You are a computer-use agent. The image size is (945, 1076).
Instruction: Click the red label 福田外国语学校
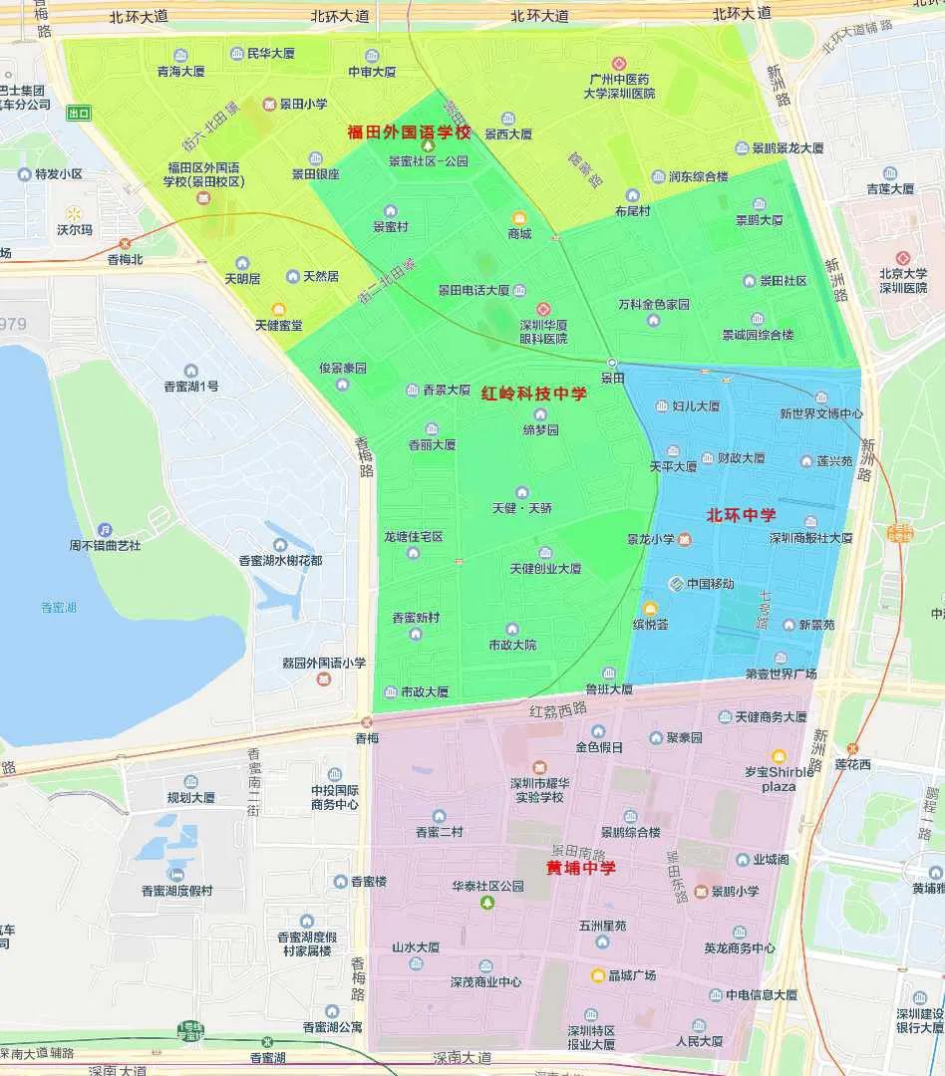408,132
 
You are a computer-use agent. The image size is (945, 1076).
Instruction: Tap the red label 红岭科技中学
534,394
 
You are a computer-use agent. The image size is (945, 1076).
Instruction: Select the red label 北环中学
741,515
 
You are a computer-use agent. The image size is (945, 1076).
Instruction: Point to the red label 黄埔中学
580,868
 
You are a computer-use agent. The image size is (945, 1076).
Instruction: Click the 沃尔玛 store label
74,229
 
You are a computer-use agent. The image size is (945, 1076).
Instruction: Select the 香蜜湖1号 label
190,386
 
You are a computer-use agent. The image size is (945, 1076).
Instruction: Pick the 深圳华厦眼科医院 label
543,332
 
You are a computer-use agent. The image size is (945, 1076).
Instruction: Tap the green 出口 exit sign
79,114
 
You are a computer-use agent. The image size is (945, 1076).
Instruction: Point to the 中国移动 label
710,583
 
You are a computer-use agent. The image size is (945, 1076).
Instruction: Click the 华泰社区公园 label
486,886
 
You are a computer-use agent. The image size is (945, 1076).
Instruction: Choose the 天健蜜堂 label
278,325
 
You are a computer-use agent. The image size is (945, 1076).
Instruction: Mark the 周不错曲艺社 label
105,545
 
